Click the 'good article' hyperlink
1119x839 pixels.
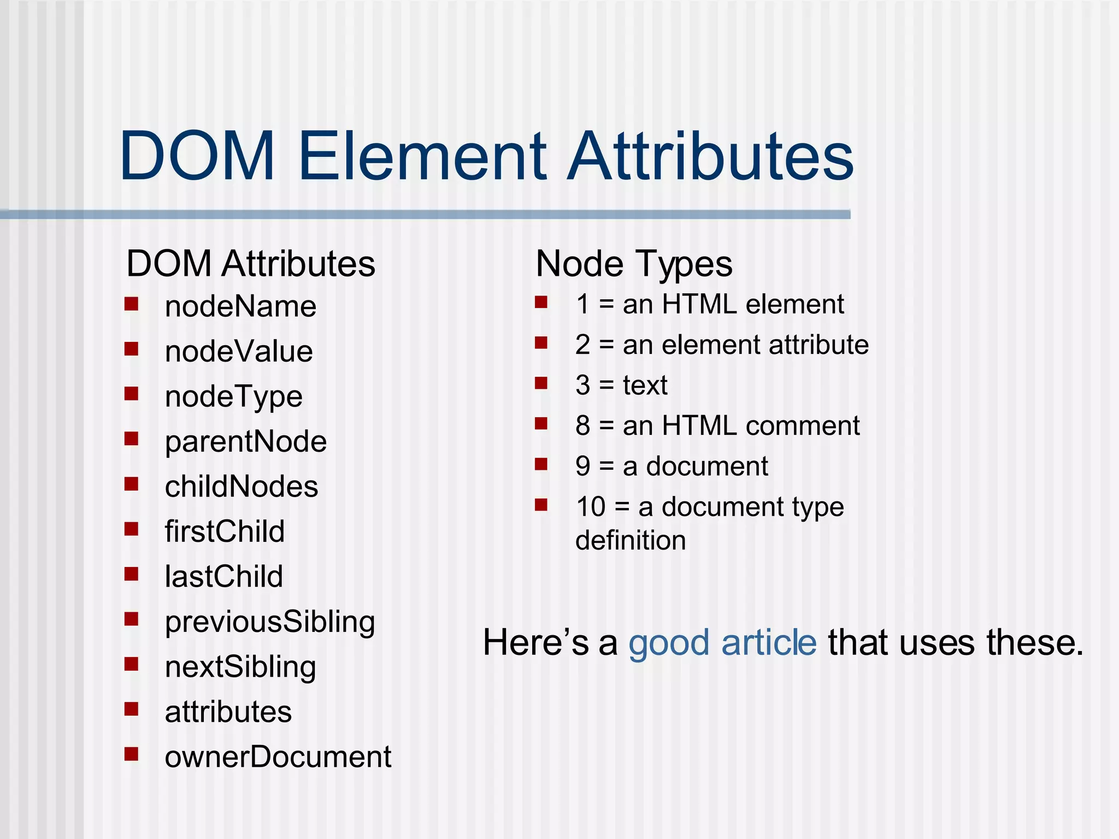[x=722, y=642]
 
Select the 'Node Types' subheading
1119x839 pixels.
[x=634, y=264]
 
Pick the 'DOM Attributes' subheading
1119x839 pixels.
[x=251, y=264]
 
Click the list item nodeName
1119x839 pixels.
[x=240, y=306]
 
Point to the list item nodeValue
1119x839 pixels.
[x=239, y=351]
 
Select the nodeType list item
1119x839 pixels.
[x=233, y=397]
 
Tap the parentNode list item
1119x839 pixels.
[x=245, y=441]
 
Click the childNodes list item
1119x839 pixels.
[x=241, y=487]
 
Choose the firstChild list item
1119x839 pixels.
[x=225, y=531]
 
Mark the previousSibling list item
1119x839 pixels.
[x=270, y=622]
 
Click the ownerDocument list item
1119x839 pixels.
[x=278, y=757]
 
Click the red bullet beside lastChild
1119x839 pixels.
[x=131, y=574]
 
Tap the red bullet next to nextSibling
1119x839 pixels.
[x=131, y=664]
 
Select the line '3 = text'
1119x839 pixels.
[x=621, y=385]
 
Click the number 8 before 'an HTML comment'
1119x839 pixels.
[x=583, y=426]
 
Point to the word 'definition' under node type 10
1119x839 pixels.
[x=631, y=540]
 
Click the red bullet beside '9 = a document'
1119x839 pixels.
[x=541, y=464]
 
